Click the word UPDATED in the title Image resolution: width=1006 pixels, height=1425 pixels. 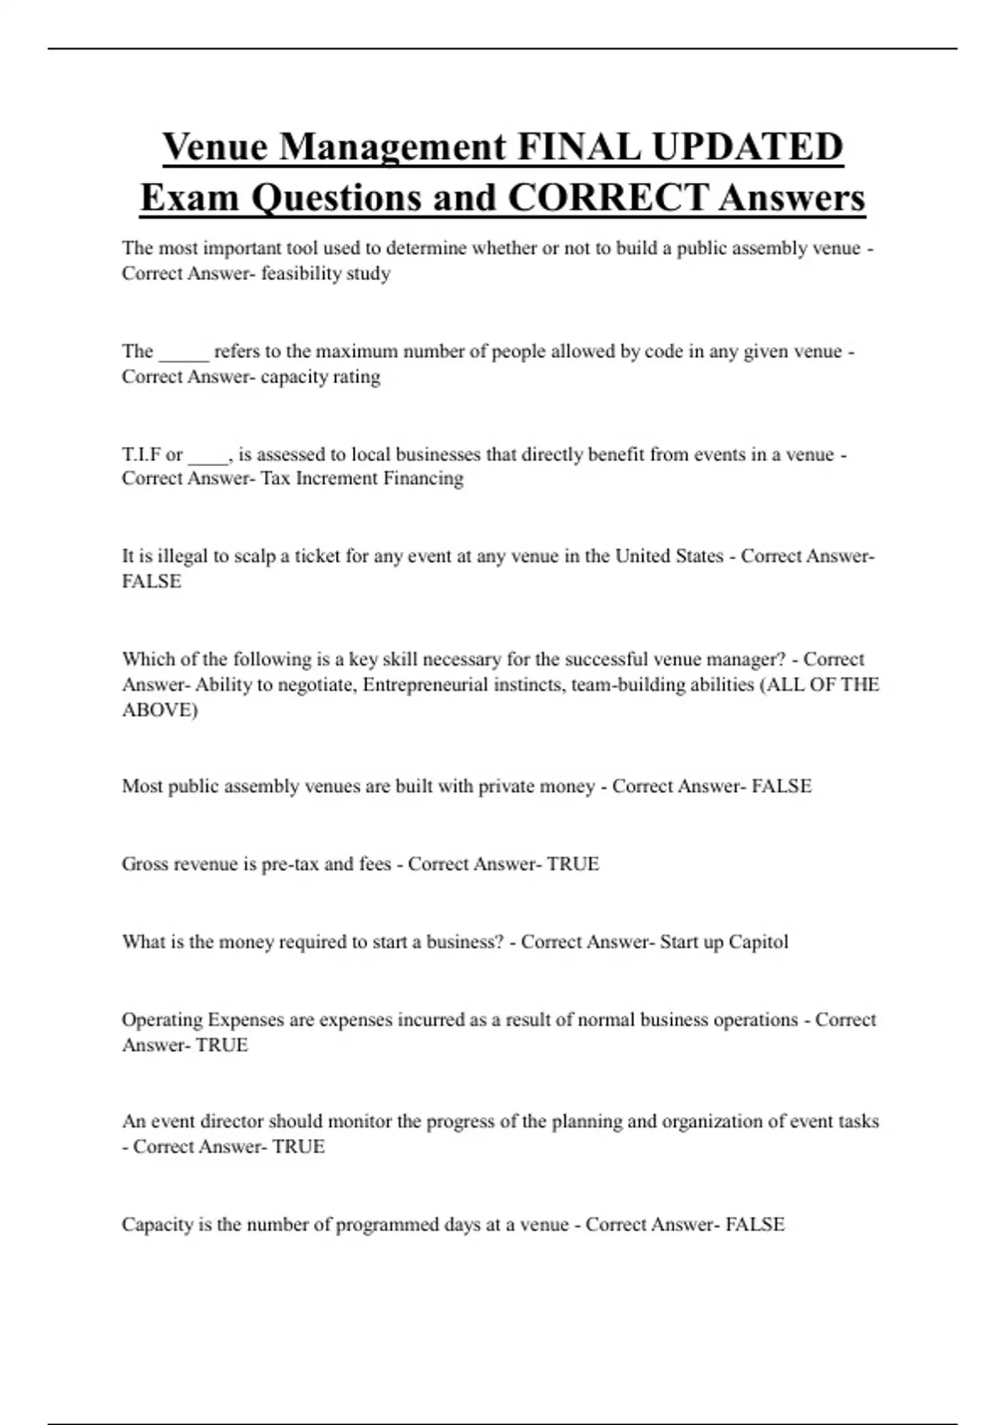(x=747, y=148)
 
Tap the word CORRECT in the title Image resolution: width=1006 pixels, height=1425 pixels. (x=608, y=199)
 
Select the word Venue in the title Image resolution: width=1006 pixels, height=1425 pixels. (x=215, y=148)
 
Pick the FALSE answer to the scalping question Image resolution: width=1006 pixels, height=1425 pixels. (x=152, y=582)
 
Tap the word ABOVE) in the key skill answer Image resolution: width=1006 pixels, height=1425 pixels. (x=160, y=710)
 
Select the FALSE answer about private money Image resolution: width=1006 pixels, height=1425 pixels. (x=781, y=786)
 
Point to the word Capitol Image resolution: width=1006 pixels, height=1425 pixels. (x=758, y=942)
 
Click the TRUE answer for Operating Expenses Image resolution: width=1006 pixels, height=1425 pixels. (x=221, y=1045)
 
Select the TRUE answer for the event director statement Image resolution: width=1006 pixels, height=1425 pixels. (x=298, y=1147)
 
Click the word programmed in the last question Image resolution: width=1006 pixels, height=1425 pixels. (x=387, y=1225)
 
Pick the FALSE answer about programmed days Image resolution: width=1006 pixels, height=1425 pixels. (x=754, y=1225)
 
